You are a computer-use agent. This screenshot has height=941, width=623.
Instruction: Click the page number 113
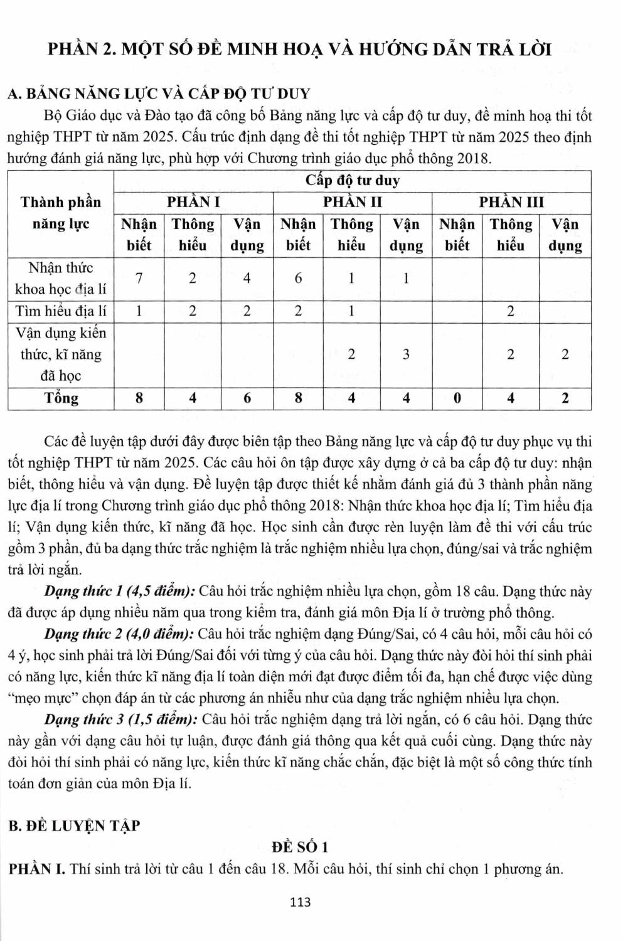[x=301, y=902]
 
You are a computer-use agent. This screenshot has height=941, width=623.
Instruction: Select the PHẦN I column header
[x=193, y=202]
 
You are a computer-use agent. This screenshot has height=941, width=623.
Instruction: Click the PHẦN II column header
[x=352, y=202]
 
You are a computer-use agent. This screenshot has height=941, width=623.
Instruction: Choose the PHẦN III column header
[x=511, y=202]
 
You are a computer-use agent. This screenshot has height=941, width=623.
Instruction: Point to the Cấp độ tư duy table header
[x=352, y=181]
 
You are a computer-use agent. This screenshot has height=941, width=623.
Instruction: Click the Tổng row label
[x=61, y=398]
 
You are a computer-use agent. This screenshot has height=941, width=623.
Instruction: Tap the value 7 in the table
[x=139, y=278]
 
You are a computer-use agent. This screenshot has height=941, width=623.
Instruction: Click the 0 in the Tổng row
[x=457, y=398]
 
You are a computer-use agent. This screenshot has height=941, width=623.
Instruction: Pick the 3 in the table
[x=406, y=354]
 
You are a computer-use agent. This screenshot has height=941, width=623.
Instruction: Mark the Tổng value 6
[x=247, y=398]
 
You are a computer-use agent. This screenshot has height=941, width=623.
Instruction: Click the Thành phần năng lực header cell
[x=61, y=213]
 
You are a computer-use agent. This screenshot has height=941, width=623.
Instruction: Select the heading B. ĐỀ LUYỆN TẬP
[x=74, y=826]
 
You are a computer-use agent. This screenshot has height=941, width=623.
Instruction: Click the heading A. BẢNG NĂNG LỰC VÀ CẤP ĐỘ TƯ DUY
[x=158, y=94]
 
